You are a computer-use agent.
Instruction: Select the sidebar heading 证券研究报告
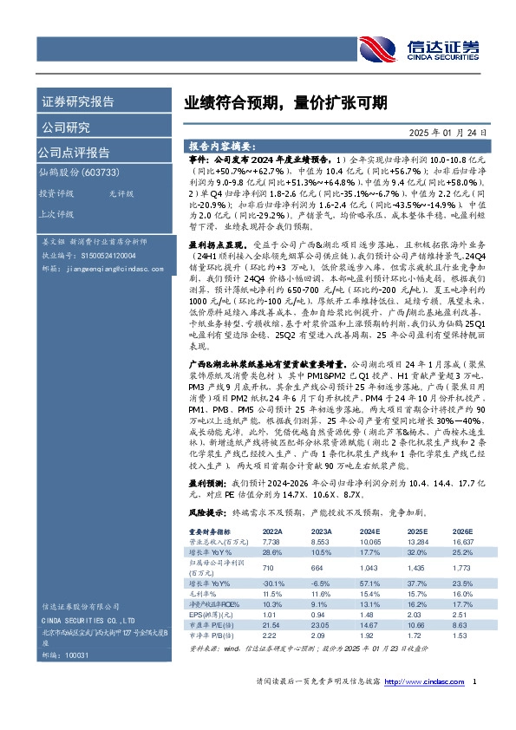tap(77, 102)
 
